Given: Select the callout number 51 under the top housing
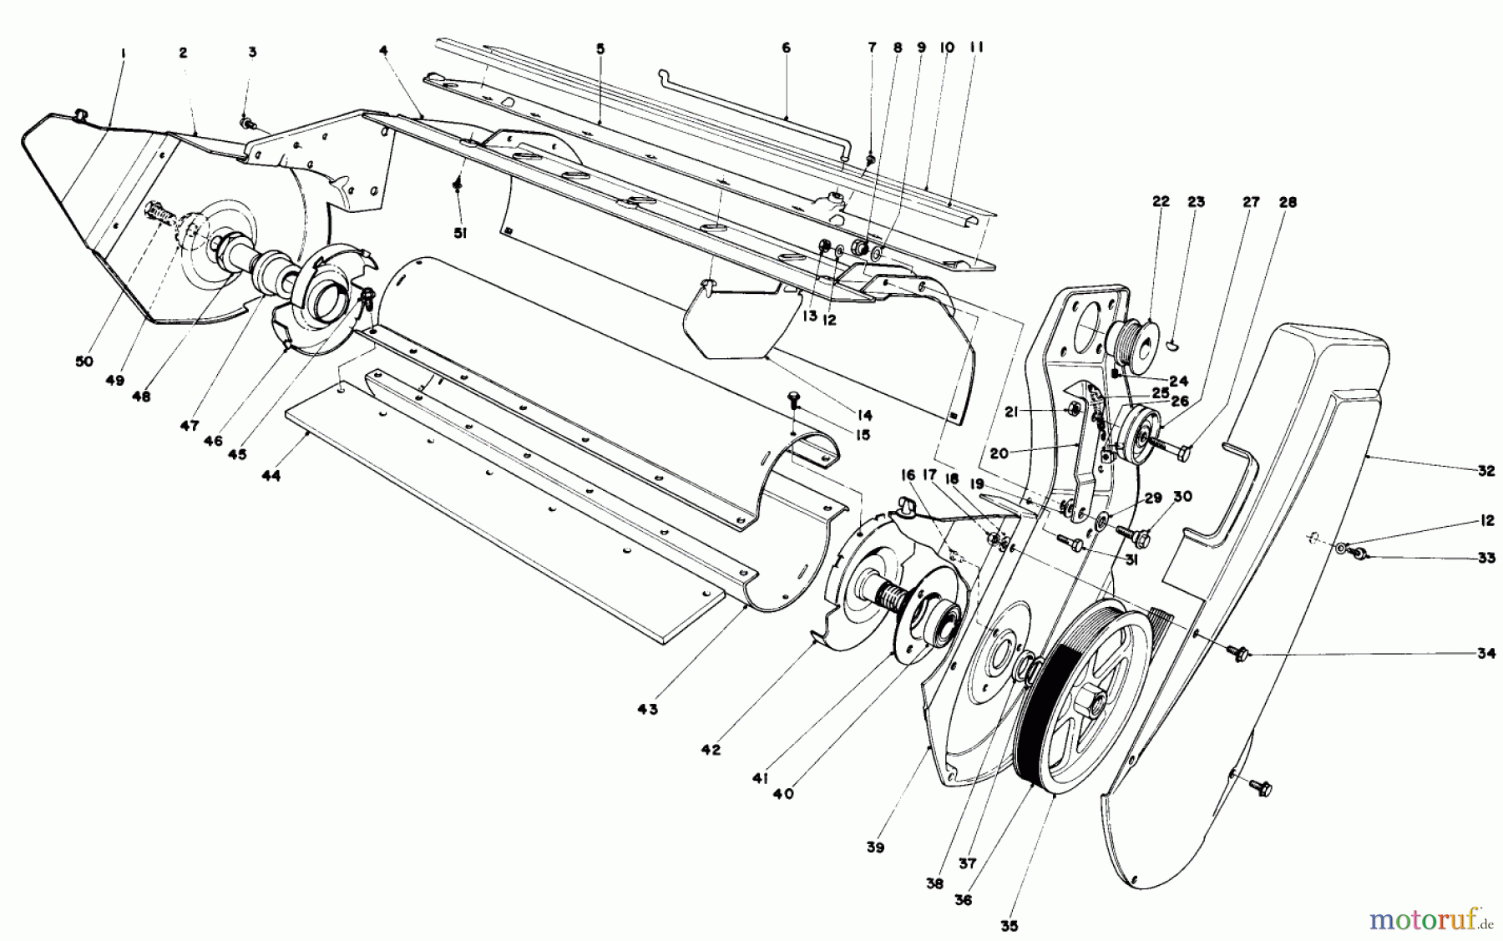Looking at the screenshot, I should coord(460,234).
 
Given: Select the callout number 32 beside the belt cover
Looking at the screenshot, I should coord(1485,471).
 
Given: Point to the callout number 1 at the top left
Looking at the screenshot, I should coord(123,53).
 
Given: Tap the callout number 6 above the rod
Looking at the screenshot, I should coord(786,48).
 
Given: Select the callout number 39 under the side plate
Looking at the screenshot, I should coord(874,847).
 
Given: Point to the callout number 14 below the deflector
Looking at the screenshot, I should coord(863,415).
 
